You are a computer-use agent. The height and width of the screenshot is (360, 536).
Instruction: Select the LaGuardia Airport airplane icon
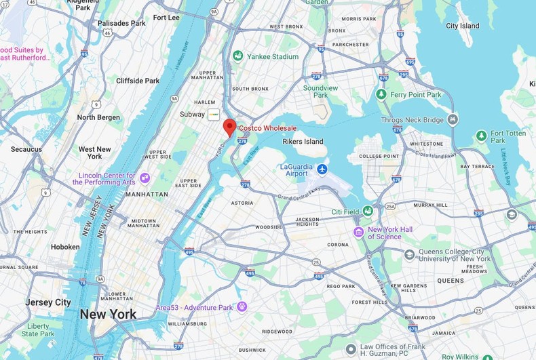pos(322,168)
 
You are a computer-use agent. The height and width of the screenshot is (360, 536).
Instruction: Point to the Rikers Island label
pos(304,142)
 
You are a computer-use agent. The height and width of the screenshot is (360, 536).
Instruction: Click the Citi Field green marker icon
pos(367,212)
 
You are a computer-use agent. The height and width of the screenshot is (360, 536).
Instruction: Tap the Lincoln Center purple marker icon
pos(145,178)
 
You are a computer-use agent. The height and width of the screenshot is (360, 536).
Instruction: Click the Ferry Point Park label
pos(416,95)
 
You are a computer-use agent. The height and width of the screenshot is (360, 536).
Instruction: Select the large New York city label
pos(108,315)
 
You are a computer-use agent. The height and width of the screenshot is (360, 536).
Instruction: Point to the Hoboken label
pos(65,247)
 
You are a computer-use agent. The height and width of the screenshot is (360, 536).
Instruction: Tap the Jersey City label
pos(48,302)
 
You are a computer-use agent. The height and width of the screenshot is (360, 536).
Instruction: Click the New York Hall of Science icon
pos(358,233)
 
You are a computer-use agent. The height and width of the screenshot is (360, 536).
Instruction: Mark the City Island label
pos(462,26)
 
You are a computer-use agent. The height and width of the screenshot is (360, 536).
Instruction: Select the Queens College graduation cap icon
pos(409,255)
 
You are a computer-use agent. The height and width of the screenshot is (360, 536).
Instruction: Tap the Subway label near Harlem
pos(192,115)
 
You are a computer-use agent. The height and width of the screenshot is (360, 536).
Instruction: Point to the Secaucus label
pos(26,149)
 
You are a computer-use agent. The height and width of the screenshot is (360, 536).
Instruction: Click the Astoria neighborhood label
pos(242,203)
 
